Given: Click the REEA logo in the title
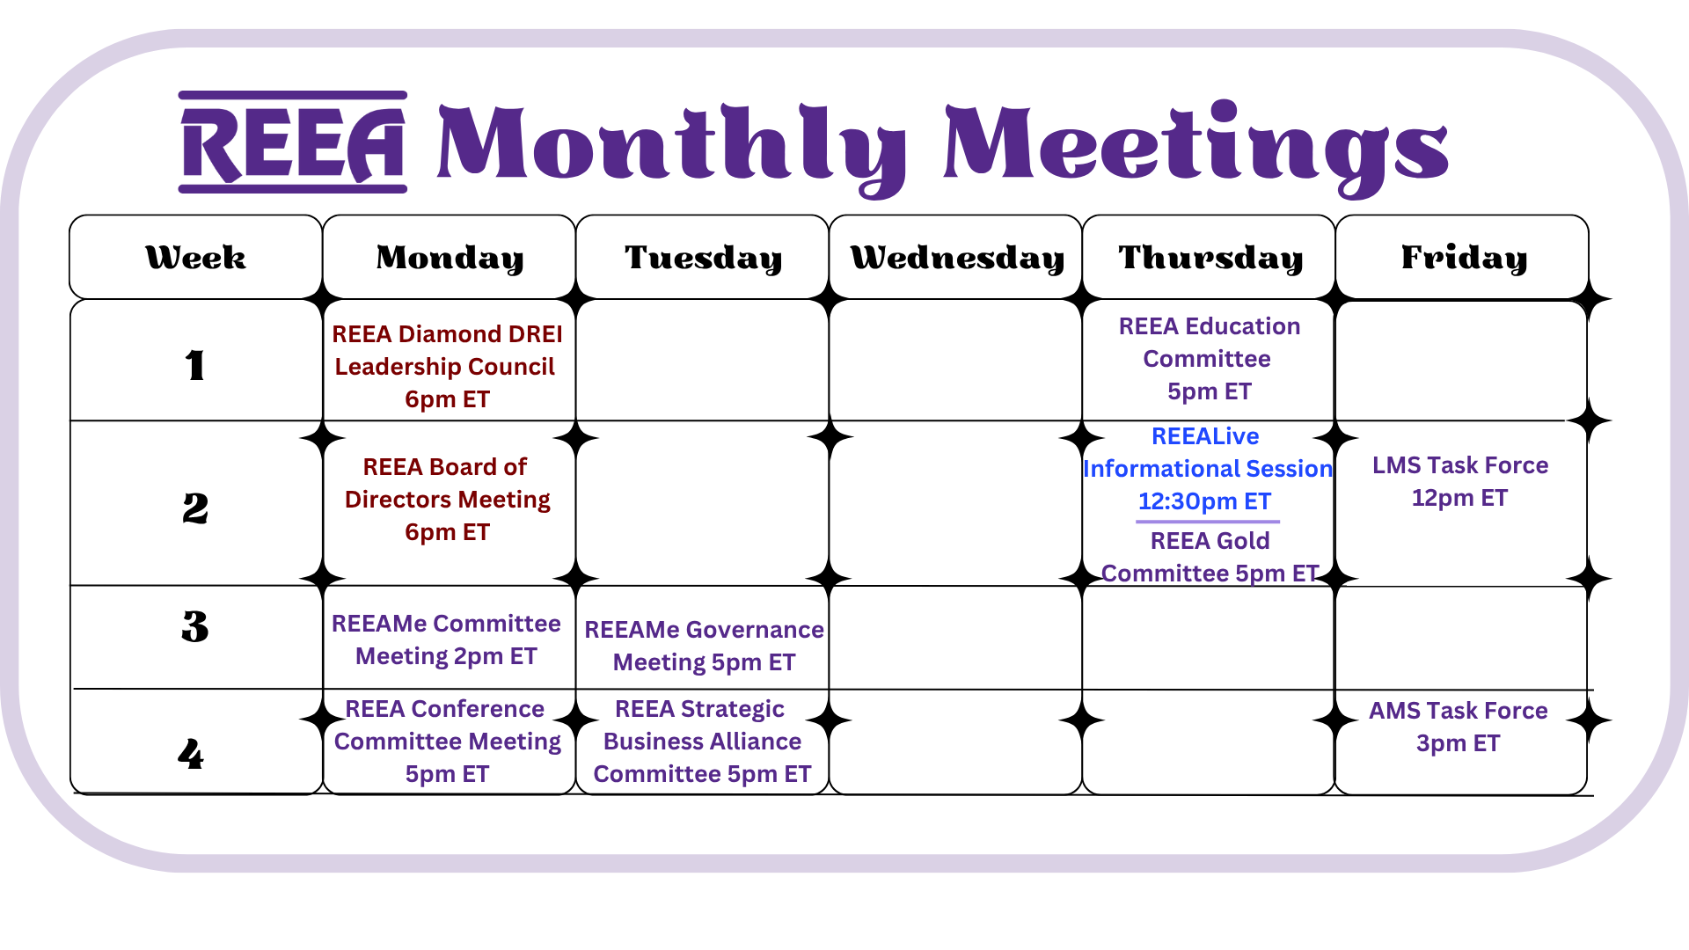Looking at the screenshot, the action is [x=293, y=142].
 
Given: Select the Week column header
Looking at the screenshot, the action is [x=195, y=258].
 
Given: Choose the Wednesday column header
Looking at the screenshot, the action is [x=957, y=258].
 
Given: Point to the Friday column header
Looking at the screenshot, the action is [x=1464, y=258].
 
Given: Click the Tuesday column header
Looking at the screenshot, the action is [x=703, y=258].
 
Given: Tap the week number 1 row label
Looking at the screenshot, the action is [x=195, y=365].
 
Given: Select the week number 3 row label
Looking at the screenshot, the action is [x=195, y=626].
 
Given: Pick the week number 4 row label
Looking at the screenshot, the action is [x=191, y=754].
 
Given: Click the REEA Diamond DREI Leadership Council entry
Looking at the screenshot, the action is [x=447, y=366].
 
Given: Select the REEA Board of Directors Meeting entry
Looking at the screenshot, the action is [x=447, y=499].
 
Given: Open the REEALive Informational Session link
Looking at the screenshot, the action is [x=1207, y=469].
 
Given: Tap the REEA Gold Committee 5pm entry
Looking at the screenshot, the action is [x=1210, y=557].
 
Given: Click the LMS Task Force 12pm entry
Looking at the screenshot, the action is [x=1460, y=481].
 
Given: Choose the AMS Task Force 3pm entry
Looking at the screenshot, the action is [x=1458, y=727].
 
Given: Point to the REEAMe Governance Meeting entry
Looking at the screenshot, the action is [x=704, y=646].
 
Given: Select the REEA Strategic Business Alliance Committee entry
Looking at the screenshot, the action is [x=702, y=742].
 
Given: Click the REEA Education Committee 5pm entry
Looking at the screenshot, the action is [x=1209, y=359].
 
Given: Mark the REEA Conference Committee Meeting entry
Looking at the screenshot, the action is [x=447, y=742].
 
